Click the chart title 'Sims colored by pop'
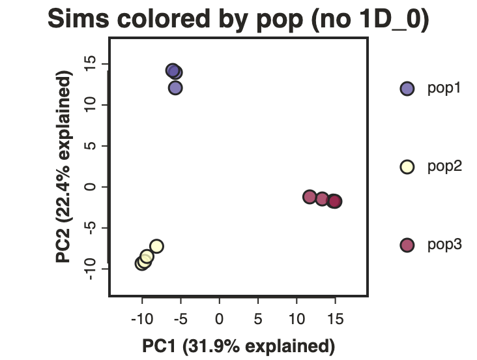(175, 19)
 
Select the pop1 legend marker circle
(407, 89)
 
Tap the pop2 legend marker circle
(407, 167)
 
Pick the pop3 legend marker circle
(407, 245)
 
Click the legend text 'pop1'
(444, 88)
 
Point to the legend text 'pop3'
(444, 245)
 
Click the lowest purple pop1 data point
(175, 88)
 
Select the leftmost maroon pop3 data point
(310, 197)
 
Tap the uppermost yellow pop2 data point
(156, 246)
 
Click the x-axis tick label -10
(142, 319)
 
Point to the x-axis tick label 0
(219, 319)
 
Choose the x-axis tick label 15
(335, 319)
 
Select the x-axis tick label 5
(258, 319)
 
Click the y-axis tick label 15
(90, 64)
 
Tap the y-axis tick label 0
(90, 187)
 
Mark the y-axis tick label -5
(90, 228)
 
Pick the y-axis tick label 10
(90, 105)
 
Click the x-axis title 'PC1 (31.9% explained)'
(238, 346)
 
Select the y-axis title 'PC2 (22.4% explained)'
(64, 166)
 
